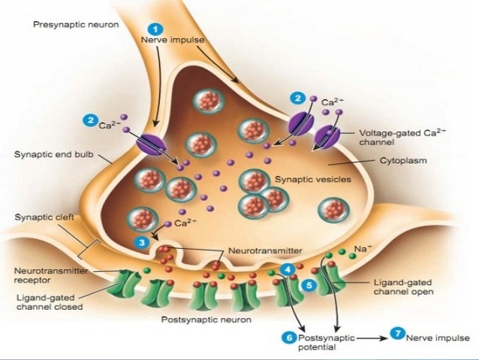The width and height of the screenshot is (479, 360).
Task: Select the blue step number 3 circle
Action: coord(143,242)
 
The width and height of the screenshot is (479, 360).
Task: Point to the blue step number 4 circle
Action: coord(288,268)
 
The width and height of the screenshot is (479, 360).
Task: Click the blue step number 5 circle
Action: coord(309,286)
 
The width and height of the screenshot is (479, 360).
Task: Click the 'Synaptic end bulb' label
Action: coord(47,155)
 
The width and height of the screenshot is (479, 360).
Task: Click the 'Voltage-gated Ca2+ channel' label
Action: coord(398,135)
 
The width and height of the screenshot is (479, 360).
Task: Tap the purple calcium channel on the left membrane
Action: coord(149,143)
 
